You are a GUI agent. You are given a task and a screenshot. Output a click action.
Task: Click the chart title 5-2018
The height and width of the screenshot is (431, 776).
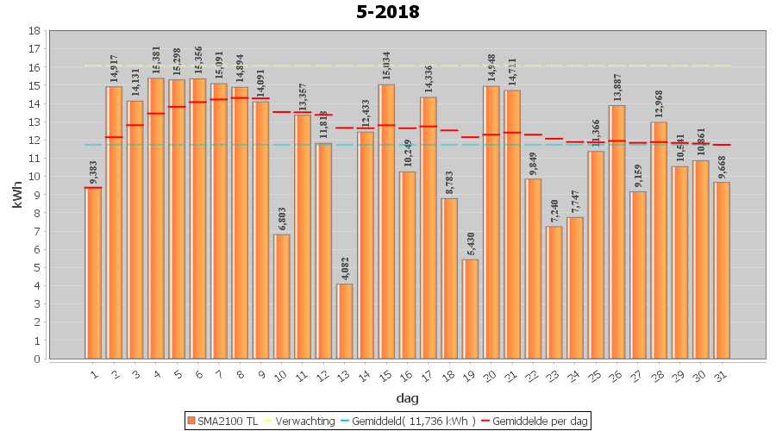388,12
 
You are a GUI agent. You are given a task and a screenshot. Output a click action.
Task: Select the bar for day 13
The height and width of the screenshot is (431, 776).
345,321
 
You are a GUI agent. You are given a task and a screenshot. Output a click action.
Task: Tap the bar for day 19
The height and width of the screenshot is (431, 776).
470,309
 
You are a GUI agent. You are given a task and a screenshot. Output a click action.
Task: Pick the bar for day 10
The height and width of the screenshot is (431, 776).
282,297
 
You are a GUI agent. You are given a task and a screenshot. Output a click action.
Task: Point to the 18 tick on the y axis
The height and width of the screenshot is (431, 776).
34,30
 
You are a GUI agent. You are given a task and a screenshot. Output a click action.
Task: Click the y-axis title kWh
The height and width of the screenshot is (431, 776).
16,194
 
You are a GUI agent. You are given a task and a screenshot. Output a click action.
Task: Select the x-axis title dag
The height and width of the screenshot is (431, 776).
407,397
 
